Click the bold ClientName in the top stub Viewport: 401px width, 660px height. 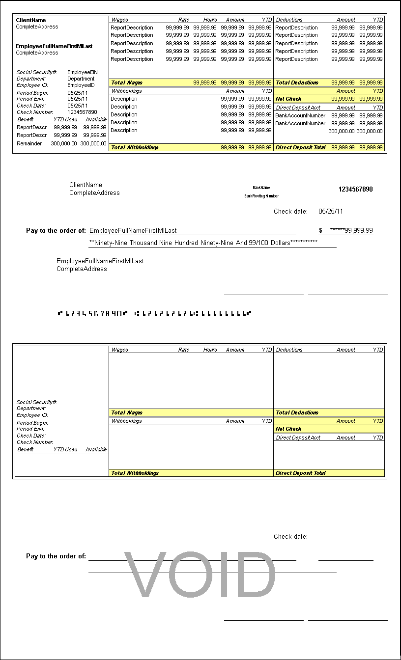coord(31,20)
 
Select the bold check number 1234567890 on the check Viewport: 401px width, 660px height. coord(355,189)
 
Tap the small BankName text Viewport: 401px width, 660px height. coord(261,188)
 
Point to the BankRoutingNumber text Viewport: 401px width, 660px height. coord(261,196)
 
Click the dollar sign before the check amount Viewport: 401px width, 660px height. coord(321,230)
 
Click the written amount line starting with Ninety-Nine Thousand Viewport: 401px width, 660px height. coord(203,243)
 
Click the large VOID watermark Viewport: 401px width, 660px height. coord(200,575)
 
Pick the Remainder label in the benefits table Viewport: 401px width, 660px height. coord(29,143)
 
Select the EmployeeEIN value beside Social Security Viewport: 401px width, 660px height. coord(83,72)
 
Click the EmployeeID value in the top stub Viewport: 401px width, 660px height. coord(81,85)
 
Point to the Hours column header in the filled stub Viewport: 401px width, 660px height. coord(210,20)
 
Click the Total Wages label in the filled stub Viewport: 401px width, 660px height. coord(127,82)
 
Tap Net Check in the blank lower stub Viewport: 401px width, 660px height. coord(288,429)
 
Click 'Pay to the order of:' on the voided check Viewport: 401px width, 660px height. coord(56,556)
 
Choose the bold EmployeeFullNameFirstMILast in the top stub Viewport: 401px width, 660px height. coord(54,46)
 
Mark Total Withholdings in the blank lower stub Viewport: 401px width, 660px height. coord(135,473)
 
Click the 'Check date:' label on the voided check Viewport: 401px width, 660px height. coord(290,536)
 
